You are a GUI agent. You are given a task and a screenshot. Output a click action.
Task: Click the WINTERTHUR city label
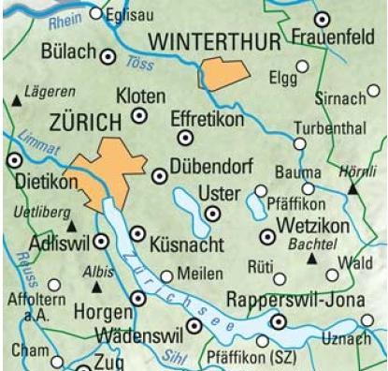[x=215, y=42]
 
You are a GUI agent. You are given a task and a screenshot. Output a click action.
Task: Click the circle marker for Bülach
[x=108, y=57]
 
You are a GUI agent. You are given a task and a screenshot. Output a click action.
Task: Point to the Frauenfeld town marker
[x=323, y=19]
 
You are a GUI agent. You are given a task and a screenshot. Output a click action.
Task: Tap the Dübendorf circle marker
[x=159, y=174]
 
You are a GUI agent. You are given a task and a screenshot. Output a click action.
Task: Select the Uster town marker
[x=213, y=214]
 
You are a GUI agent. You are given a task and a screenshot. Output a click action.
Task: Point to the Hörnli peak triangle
[x=353, y=188]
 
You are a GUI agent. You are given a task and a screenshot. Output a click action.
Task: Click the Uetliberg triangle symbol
[x=73, y=226]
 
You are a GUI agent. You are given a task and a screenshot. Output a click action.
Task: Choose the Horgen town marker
[x=139, y=298]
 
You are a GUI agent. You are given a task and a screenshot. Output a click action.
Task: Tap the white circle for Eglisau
[x=97, y=14]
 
